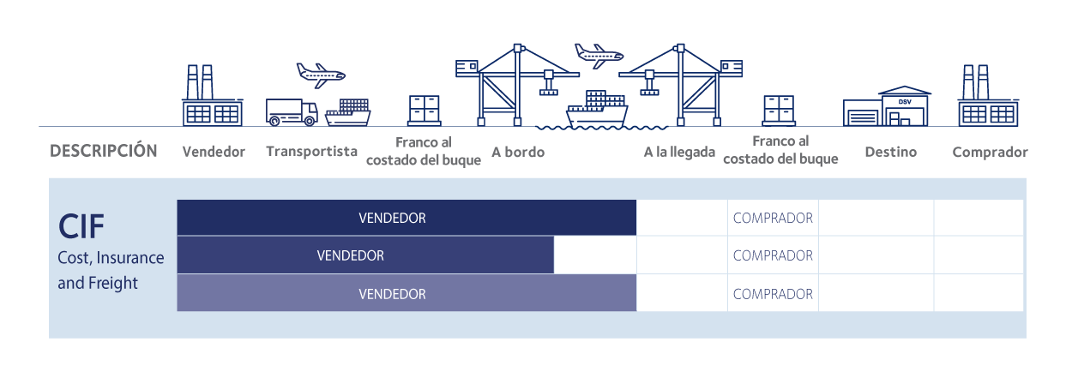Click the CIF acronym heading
[x=81, y=227]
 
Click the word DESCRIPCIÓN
[x=104, y=151]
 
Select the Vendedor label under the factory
[x=214, y=152]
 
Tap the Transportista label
[x=311, y=152]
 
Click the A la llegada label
[x=679, y=152]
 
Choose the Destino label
[x=890, y=152]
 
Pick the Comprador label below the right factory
[x=990, y=152]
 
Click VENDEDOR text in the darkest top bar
[x=392, y=218]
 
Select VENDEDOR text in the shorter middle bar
[x=350, y=255]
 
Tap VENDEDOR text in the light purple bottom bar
[x=392, y=294]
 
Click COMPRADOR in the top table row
[x=773, y=218]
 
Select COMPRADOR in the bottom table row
[x=773, y=294]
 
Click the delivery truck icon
[x=292, y=112]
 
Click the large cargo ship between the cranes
[x=596, y=110]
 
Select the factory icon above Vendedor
[x=212, y=96]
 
